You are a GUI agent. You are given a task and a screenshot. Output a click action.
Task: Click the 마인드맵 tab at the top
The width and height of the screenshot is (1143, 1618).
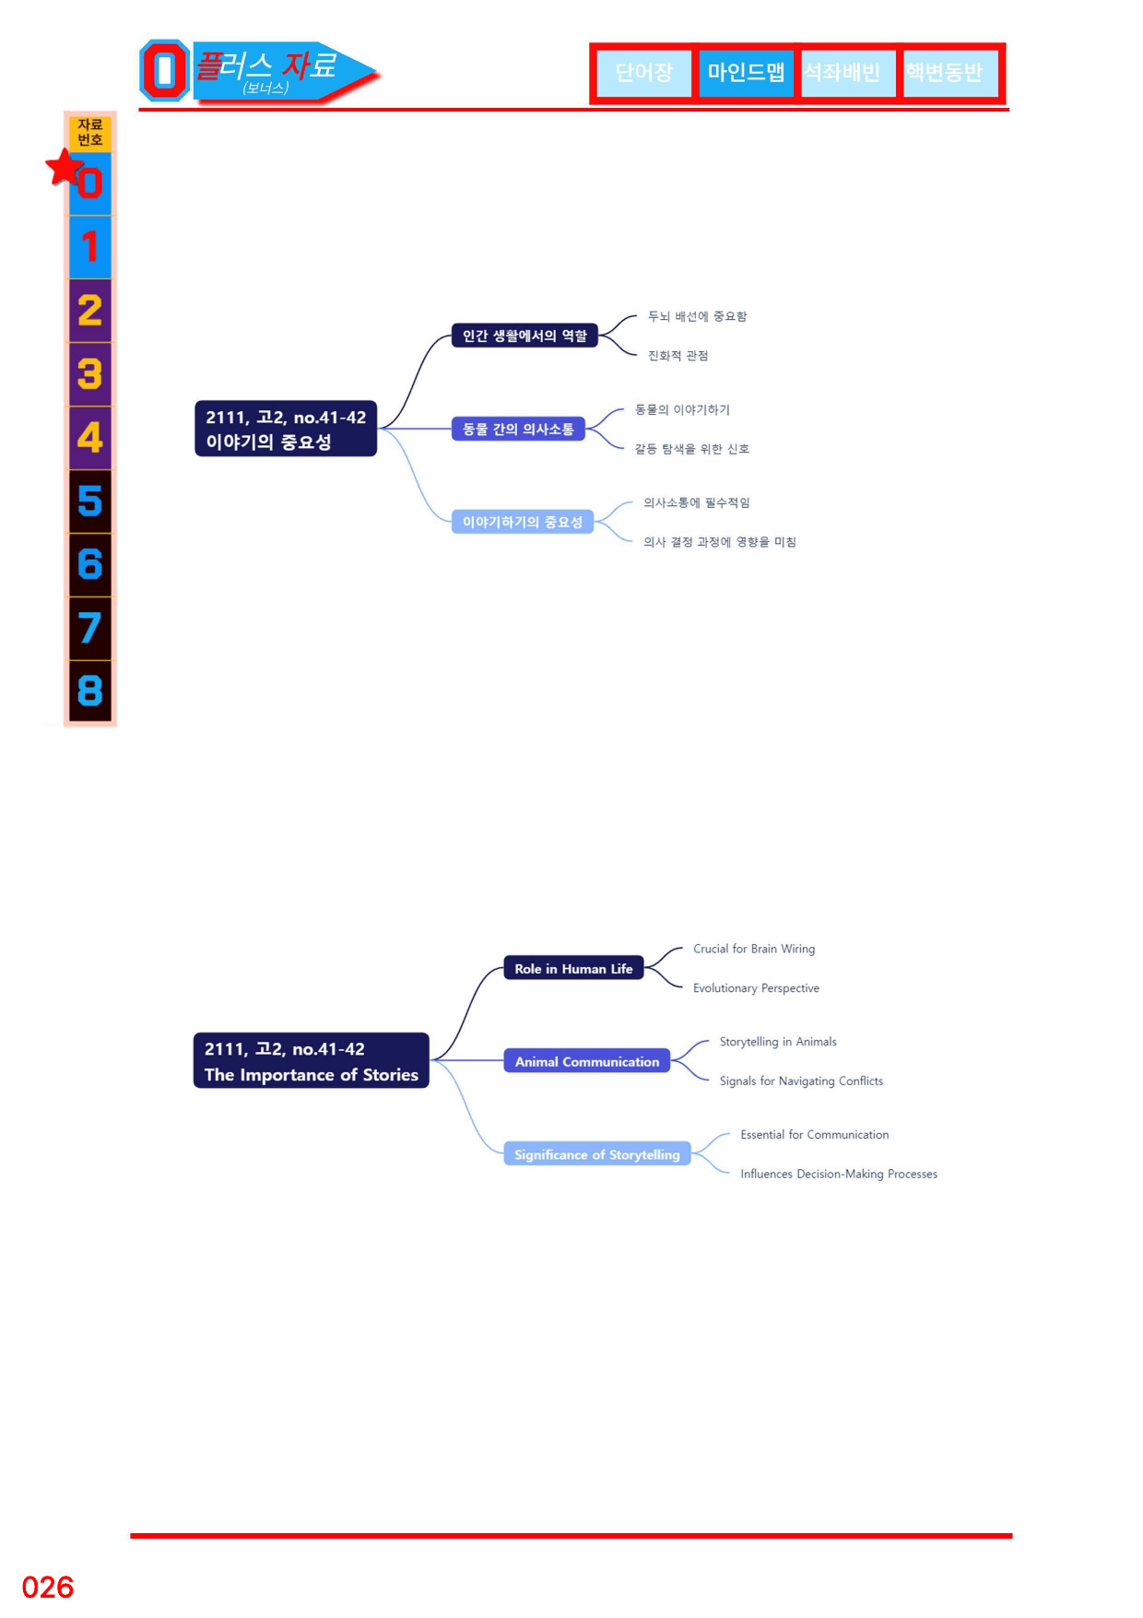click(x=746, y=72)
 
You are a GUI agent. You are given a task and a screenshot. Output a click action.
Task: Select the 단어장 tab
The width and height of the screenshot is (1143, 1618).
click(x=643, y=72)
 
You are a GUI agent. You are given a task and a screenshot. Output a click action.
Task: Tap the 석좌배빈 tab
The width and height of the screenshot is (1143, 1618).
click(x=842, y=72)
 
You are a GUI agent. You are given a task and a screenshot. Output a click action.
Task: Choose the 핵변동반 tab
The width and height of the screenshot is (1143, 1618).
click(x=944, y=72)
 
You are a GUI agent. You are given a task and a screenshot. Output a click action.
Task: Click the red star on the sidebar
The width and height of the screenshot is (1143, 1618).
click(x=65, y=167)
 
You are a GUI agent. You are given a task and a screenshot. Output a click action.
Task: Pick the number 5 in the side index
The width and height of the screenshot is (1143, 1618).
click(x=89, y=502)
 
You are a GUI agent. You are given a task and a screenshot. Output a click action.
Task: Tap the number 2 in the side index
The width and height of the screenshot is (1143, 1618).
click(x=89, y=311)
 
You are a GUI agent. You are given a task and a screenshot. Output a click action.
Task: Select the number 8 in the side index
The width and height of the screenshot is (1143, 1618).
click(x=89, y=691)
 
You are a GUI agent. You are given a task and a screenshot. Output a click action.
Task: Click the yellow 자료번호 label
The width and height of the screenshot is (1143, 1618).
click(x=89, y=133)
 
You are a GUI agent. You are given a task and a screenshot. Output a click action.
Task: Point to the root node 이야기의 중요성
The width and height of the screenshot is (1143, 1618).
click(x=286, y=429)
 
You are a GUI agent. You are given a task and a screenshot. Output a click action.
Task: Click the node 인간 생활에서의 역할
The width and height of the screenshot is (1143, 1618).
click(x=524, y=336)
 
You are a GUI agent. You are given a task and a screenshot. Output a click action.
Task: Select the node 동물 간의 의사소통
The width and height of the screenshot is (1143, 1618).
click(x=518, y=429)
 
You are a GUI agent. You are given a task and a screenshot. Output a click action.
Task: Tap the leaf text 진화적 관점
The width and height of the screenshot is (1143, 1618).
click(x=678, y=356)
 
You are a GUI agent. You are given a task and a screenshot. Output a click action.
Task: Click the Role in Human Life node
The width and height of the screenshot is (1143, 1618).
click(x=573, y=968)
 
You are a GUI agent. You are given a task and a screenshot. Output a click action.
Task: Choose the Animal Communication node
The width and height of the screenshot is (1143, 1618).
click(x=587, y=1061)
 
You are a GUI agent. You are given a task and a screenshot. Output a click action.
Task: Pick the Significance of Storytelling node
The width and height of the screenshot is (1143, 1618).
click(x=597, y=1154)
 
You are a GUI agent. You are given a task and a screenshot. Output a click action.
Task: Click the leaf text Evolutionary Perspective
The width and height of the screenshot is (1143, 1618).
click(x=756, y=988)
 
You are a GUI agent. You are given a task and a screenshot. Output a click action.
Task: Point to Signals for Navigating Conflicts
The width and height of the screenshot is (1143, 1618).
click(x=801, y=1081)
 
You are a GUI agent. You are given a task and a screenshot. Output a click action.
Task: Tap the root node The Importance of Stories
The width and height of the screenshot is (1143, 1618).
click(x=312, y=1061)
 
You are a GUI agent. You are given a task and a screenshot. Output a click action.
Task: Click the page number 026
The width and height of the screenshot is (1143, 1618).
click(x=48, y=1588)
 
